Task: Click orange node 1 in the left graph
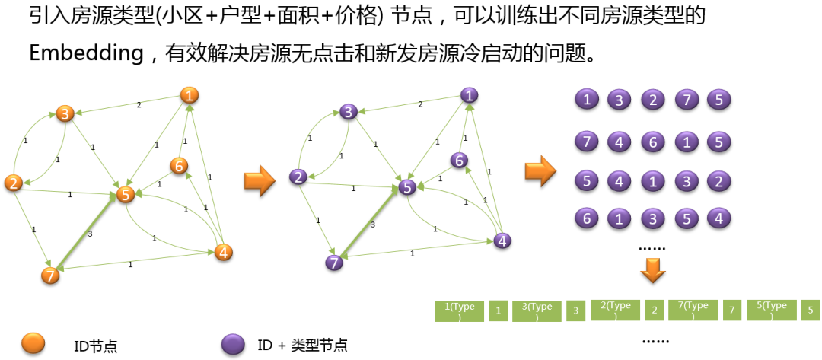point(190,95)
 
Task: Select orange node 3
point(65,114)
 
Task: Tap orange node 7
point(50,276)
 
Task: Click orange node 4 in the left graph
point(223,252)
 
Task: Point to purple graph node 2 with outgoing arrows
point(298,177)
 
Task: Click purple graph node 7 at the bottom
point(333,263)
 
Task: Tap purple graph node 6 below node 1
point(457,160)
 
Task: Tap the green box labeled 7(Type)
point(693,311)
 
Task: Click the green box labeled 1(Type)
point(459,311)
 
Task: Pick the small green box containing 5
point(810,311)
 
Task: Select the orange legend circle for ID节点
point(34,344)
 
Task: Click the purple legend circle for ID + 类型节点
point(233,344)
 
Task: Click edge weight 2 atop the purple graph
point(419,104)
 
